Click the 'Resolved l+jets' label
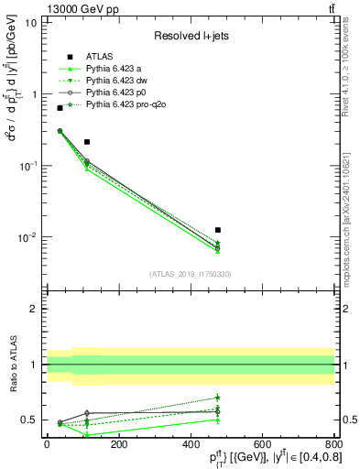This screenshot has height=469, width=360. tap(190, 37)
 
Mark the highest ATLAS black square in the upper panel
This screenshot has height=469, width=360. tap(60, 108)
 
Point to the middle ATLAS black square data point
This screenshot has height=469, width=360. tap(87, 142)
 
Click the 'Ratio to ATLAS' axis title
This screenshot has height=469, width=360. tap(13, 365)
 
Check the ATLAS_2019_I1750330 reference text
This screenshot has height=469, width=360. tap(190, 274)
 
